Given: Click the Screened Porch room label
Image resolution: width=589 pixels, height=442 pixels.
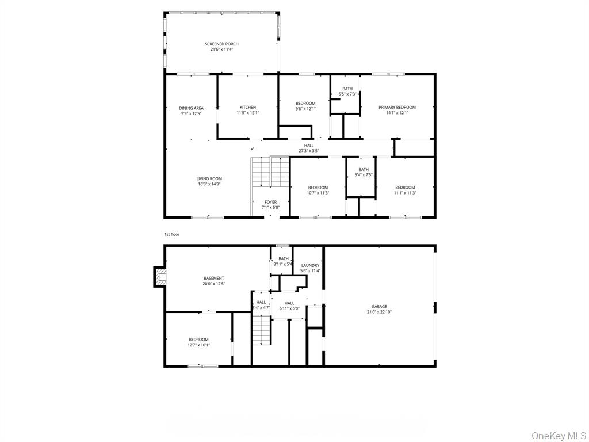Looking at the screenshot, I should pyautogui.click(x=221, y=44).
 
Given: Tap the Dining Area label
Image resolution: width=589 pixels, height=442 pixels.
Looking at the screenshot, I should pyautogui.click(x=191, y=108).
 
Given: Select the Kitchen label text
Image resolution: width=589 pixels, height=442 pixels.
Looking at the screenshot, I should pyautogui.click(x=248, y=108).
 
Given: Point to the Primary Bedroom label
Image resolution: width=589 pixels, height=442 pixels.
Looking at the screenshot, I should pyautogui.click(x=397, y=108).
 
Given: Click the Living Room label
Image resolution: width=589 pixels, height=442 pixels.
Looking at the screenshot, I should pyautogui.click(x=209, y=179).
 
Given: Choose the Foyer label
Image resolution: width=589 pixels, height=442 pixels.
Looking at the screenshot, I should pyautogui.click(x=270, y=202).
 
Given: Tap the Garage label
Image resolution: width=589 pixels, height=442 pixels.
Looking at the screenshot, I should pyautogui.click(x=379, y=307).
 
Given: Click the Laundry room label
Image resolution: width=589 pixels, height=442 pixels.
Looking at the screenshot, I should pyautogui.click(x=310, y=265).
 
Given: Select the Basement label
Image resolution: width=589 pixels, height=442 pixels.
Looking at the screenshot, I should pyautogui.click(x=213, y=279).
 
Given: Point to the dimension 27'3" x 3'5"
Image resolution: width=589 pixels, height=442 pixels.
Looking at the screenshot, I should pyautogui.click(x=309, y=151).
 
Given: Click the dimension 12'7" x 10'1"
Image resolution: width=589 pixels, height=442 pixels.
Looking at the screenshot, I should pyautogui.click(x=199, y=345).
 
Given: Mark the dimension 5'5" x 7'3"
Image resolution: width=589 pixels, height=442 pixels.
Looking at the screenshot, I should pyautogui.click(x=347, y=94).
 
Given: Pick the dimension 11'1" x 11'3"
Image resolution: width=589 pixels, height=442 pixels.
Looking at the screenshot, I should pyautogui.click(x=405, y=193).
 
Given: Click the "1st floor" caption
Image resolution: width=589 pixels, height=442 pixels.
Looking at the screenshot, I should pyautogui.click(x=172, y=234).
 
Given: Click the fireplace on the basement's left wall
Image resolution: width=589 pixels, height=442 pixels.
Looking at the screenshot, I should pyautogui.click(x=159, y=277).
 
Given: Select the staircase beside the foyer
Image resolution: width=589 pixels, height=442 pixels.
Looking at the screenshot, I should pyautogui.click(x=270, y=172).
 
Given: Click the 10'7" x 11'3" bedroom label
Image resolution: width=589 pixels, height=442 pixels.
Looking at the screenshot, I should pyautogui.click(x=318, y=188).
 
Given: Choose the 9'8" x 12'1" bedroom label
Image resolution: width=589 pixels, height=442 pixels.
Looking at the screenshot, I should pyautogui.click(x=305, y=104).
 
